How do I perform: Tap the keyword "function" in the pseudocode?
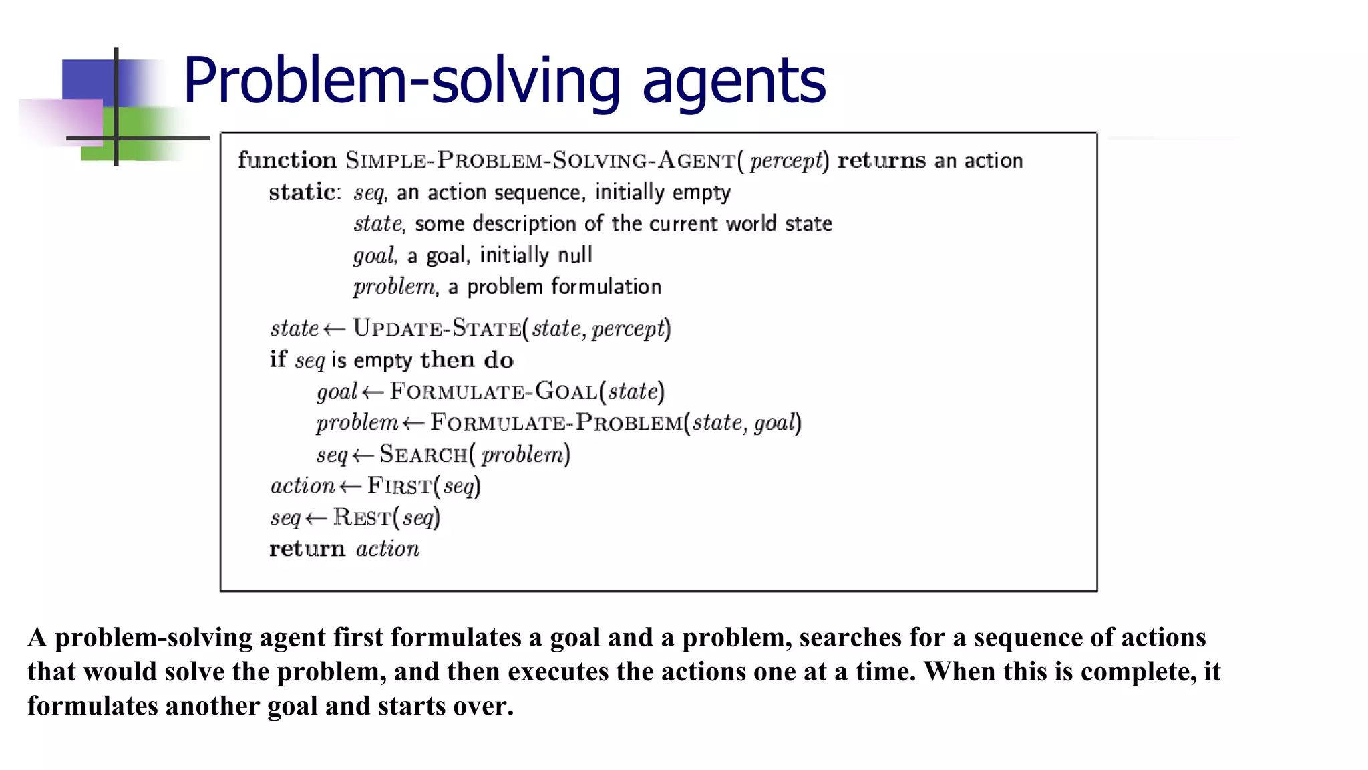pyautogui.click(x=287, y=160)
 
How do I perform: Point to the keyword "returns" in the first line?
pyautogui.click(x=882, y=160)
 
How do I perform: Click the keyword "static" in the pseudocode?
pyautogui.click(x=303, y=192)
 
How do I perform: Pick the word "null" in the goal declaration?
pyautogui.click(x=575, y=255)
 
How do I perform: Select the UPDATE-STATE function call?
pyautogui.click(x=437, y=328)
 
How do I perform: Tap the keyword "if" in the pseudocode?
pyautogui.click(x=277, y=360)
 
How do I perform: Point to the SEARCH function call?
pyautogui.click(x=423, y=455)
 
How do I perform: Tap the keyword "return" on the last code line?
pyautogui.click(x=307, y=549)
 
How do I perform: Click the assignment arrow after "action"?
pyautogui.click(x=350, y=487)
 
